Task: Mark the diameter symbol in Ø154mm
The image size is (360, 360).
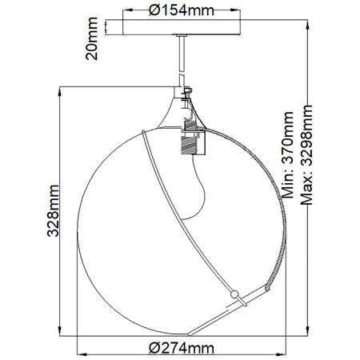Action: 154,10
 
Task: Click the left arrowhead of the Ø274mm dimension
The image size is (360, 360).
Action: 78,354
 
